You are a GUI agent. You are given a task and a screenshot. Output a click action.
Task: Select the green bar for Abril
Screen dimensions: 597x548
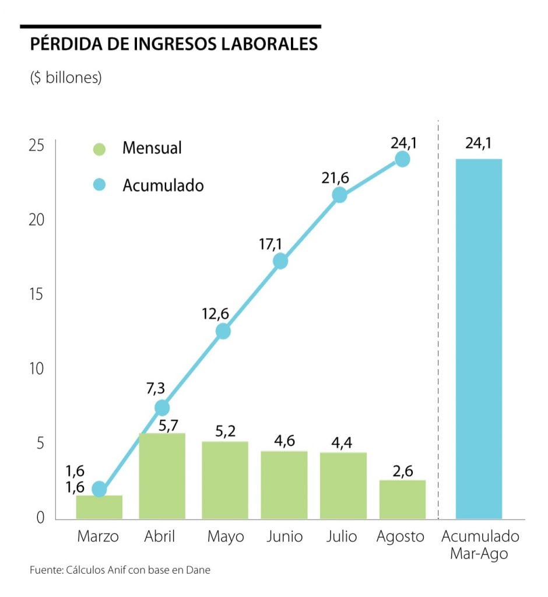162,476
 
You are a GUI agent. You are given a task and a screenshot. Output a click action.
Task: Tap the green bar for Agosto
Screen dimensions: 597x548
402,499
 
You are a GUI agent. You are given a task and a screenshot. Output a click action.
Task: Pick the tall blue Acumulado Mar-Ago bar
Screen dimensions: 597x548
479,338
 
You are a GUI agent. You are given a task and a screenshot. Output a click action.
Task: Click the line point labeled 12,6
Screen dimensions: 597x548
223,331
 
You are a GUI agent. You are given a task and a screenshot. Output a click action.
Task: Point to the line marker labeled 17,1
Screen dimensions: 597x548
280,261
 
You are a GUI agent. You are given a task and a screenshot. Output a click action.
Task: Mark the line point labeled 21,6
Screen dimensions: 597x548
339,195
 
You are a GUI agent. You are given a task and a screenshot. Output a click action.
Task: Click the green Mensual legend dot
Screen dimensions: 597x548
100,149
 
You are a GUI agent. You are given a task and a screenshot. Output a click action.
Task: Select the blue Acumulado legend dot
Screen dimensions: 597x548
100,185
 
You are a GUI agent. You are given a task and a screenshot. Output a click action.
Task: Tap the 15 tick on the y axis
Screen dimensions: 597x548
36,294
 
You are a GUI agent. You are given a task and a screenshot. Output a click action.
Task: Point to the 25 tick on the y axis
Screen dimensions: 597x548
36,146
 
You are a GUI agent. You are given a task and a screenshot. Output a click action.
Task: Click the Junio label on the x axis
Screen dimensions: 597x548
284,536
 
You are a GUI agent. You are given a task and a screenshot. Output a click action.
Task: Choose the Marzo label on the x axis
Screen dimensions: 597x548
98,536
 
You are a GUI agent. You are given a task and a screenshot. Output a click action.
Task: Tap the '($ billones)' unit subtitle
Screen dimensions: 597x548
66,78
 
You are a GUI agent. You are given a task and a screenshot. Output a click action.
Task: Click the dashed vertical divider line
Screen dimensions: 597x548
438,321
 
